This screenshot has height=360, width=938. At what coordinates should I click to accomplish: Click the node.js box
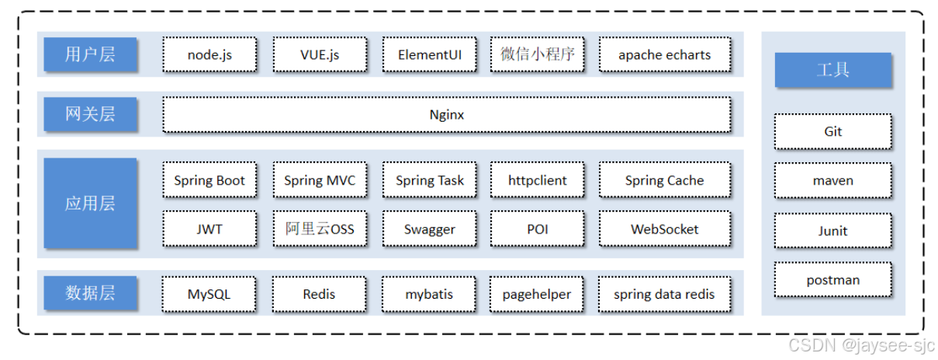coord(209,54)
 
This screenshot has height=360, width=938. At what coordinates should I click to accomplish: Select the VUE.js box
coord(320,54)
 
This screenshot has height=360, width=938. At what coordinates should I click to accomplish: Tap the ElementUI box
coord(430,54)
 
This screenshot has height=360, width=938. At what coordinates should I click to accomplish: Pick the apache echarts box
coord(665,54)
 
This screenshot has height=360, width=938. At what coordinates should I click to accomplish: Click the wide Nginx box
coord(447,115)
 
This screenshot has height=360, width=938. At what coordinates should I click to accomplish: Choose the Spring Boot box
coord(209,180)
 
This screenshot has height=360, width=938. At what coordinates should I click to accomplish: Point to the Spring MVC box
coord(320,180)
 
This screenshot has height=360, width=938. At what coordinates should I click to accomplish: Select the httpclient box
coord(537,180)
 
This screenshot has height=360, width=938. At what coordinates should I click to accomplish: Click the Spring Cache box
coord(665,180)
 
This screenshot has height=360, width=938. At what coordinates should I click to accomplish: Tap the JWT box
coord(209,229)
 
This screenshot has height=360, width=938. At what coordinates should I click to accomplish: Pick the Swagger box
coord(430,229)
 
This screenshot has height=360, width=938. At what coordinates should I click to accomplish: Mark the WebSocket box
coord(665,229)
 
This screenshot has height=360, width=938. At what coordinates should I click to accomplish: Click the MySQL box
coord(209,294)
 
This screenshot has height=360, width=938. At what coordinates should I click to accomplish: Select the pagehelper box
coord(536,294)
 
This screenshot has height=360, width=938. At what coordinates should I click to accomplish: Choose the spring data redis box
coord(664,294)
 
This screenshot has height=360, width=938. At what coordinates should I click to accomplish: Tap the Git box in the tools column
coord(833,131)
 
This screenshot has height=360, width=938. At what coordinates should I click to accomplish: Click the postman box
coord(833,279)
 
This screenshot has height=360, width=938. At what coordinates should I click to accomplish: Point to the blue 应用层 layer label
coord(90,203)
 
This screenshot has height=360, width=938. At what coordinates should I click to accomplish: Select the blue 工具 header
coord(833,70)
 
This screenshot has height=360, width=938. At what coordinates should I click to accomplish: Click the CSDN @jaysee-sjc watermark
coord(861,346)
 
